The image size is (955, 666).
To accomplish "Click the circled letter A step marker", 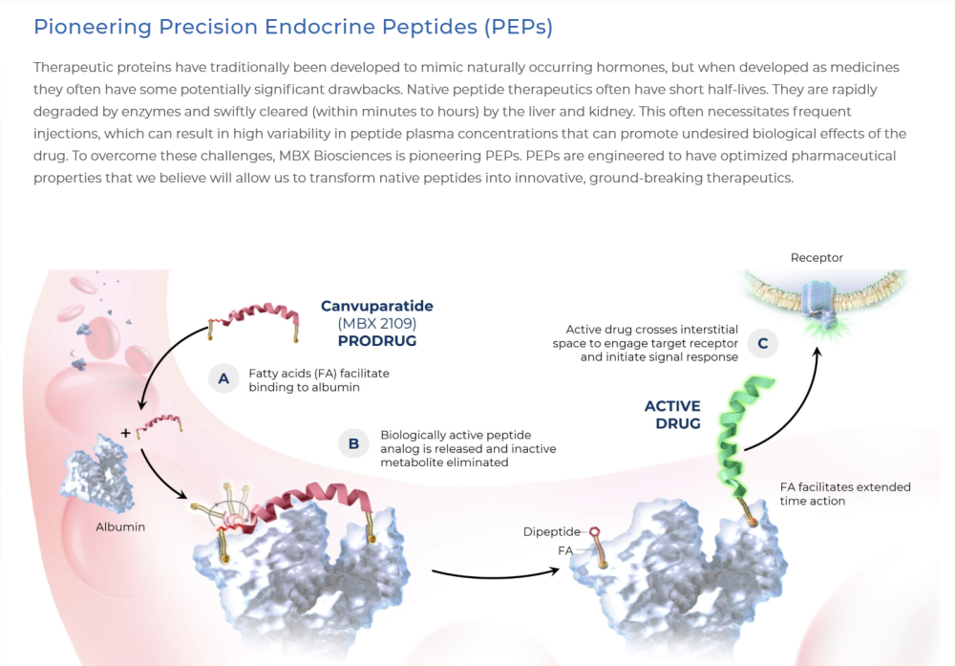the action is coord(223,379).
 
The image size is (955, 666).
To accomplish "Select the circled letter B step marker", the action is coord(353,443).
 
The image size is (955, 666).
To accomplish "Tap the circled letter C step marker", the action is coord(762,343).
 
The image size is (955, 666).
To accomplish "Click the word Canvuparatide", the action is coord(377,306).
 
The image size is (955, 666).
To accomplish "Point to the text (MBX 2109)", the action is coord(377,324).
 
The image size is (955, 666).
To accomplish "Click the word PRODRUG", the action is coord(377,340).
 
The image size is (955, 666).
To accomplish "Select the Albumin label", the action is coord(120,527).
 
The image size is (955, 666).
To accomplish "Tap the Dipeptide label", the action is coord(552,532).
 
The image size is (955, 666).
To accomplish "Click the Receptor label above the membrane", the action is coord(817,258).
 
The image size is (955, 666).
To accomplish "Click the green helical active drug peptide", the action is coord(743,436).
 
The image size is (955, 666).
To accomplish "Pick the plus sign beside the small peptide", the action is coord(125,433).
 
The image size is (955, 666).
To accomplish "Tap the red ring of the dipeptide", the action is coord(594,532).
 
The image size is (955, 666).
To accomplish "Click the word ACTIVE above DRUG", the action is coord(672,406).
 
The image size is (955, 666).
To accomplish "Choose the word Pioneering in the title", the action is coord(93,27).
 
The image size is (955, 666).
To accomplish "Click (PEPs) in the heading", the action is coord(519,27).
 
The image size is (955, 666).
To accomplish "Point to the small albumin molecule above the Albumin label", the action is coord(97,472).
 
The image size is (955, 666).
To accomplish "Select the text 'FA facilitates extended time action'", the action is coord(845,494).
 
